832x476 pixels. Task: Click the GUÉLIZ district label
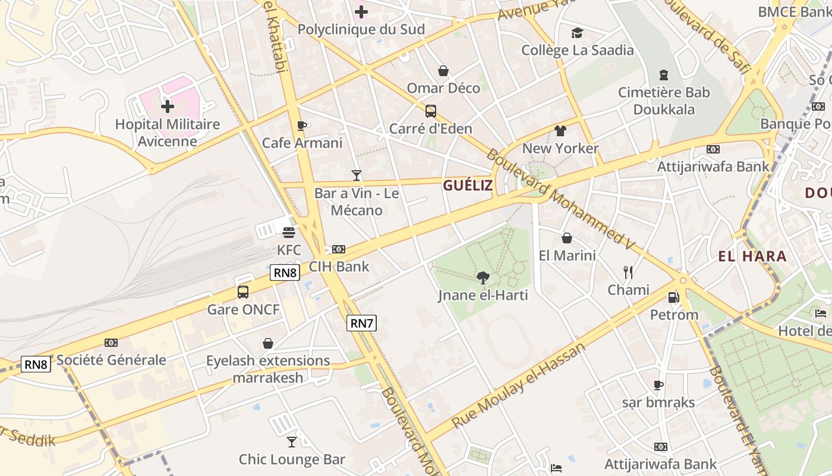pyautogui.click(x=468, y=185)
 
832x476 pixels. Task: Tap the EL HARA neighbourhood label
pyautogui.click(x=752, y=256)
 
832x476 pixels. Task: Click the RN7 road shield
pyautogui.click(x=361, y=323)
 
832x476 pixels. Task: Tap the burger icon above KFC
pyautogui.click(x=289, y=232)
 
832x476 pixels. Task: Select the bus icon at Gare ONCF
pyautogui.click(x=243, y=292)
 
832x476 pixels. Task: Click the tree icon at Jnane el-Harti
pyautogui.click(x=483, y=277)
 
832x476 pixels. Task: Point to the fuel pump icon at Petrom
pyautogui.click(x=673, y=297)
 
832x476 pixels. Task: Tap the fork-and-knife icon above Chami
pyautogui.click(x=628, y=273)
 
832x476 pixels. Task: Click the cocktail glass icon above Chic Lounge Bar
pyautogui.click(x=291, y=441)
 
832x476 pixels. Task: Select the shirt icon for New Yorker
pyautogui.click(x=560, y=131)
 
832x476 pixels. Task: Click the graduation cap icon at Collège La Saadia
pyautogui.click(x=577, y=33)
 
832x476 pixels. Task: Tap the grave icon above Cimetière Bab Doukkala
pyautogui.click(x=663, y=75)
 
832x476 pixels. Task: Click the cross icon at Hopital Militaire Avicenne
pyautogui.click(x=168, y=107)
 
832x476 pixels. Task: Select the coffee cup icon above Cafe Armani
pyautogui.click(x=301, y=126)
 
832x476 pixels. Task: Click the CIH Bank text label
pyautogui.click(x=339, y=267)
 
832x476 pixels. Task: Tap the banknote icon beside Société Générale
pyautogui.click(x=111, y=343)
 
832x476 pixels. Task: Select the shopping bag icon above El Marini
pyautogui.click(x=567, y=238)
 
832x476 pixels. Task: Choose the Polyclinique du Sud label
pyautogui.click(x=361, y=29)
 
